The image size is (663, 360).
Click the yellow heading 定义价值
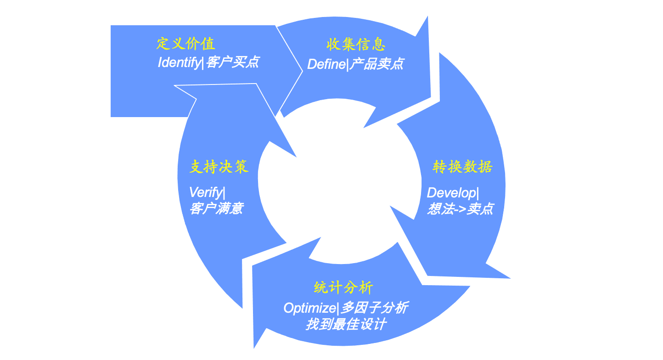tap(185, 44)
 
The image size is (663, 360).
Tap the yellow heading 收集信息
tap(356, 45)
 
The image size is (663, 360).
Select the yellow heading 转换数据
tap(462, 167)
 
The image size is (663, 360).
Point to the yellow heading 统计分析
tap(343, 288)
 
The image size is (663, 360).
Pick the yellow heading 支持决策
tap(219, 167)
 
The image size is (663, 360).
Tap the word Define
tap(326, 64)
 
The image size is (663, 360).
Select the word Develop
tap(450, 193)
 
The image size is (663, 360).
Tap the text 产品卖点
tap(376, 64)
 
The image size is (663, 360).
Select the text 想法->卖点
tap(460, 209)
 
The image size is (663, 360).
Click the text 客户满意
tap(216, 209)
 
